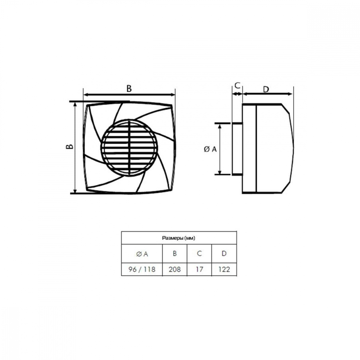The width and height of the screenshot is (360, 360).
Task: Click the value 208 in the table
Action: coord(175,269)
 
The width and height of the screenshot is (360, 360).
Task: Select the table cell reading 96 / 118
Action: coord(142,269)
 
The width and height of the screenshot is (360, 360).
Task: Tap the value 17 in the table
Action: coord(199,269)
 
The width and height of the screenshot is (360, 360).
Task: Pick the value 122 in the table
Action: coord(224,269)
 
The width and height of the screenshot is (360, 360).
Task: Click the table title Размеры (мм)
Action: coord(179,238)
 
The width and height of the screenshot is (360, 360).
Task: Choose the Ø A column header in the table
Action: coord(142,254)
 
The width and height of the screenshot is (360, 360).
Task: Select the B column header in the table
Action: coord(175,253)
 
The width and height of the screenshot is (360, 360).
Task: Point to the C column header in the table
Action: coord(199,253)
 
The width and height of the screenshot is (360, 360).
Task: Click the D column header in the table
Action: coord(224,253)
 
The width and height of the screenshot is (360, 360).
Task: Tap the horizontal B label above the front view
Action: coord(129,89)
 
